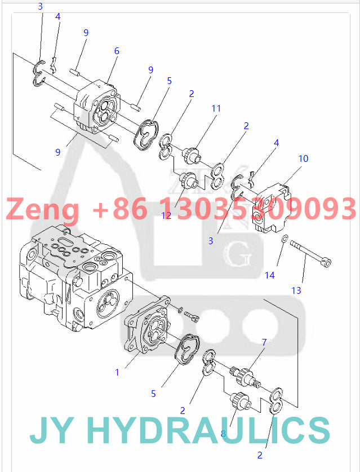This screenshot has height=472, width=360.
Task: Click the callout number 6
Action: click(117, 51)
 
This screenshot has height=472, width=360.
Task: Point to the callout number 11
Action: click(216, 108)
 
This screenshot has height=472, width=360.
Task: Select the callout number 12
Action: click(166, 215)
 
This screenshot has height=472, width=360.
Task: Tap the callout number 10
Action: click(303, 159)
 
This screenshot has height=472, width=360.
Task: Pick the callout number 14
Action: click(270, 275)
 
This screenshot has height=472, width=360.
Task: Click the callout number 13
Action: click(296, 290)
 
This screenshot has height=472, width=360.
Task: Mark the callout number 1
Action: click(117, 372)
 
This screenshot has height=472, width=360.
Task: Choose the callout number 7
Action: click(264, 342)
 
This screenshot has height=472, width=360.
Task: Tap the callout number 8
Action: click(223, 434)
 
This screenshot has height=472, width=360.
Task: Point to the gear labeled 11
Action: click(193, 153)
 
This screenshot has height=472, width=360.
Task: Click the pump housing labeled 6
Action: click(96, 107)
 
